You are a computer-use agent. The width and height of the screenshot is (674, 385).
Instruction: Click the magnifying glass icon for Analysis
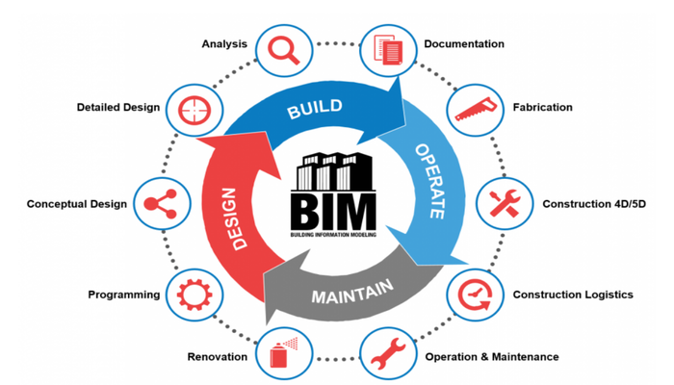click(x=282, y=47)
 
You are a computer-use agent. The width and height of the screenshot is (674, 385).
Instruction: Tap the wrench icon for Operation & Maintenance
click(x=385, y=353)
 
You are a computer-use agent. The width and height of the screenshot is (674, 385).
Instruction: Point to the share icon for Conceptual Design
click(x=159, y=203)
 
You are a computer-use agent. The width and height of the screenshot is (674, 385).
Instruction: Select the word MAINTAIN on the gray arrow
click(x=350, y=292)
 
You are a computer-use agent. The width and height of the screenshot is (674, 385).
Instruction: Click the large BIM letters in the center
click(x=337, y=210)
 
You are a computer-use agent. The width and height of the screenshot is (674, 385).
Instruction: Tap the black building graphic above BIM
click(x=337, y=171)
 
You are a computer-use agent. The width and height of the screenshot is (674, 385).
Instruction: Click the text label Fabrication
click(x=542, y=107)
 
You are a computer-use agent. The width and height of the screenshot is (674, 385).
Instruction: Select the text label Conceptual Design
click(x=76, y=204)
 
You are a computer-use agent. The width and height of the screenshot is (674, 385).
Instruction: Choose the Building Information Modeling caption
click(x=337, y=234)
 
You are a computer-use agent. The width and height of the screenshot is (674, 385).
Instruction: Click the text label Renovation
click(x=218, y=356)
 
